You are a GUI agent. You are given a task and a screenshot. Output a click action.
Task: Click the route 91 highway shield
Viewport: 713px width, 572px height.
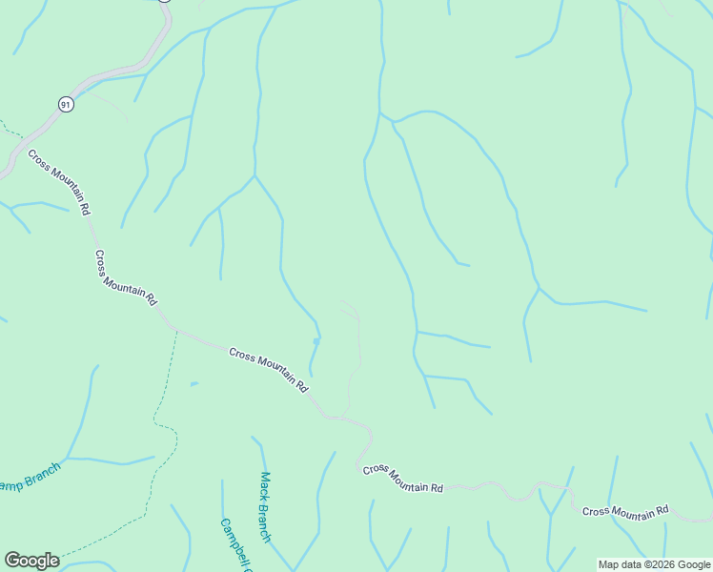pyautogui.click(x=65, y=105)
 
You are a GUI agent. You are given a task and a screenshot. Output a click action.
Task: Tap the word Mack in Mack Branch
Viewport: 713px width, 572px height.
pyautogui.click(x=265, y=484)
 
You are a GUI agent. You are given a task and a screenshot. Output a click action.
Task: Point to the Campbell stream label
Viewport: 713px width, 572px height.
pyautogui.click(x=235, y=545)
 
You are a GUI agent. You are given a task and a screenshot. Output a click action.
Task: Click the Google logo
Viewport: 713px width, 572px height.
pyautogui.click(x=31, y=561)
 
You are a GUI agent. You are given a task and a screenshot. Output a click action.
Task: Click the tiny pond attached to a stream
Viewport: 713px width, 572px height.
pyautogui.click(x=316, y=340)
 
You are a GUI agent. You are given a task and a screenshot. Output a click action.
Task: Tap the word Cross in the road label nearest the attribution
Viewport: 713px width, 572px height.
pyautogui.click(x=596, y=511)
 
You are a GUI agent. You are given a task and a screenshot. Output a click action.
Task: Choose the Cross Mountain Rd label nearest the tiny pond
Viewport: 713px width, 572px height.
pyautogui.click(x=270, y=370)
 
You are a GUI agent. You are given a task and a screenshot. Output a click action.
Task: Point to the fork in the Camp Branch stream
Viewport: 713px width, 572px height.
pyautogui.click(x=67, y=458)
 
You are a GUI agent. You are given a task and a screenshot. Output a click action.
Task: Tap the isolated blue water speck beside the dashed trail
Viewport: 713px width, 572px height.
pyautogui.click(x=194, y=384)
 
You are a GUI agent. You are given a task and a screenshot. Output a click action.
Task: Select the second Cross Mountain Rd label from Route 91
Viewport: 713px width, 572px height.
pyautogui.click(x=126, y=277)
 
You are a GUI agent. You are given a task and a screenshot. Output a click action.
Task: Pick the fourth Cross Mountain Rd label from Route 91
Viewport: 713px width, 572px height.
pyautogui.click(x=403, y=479)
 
